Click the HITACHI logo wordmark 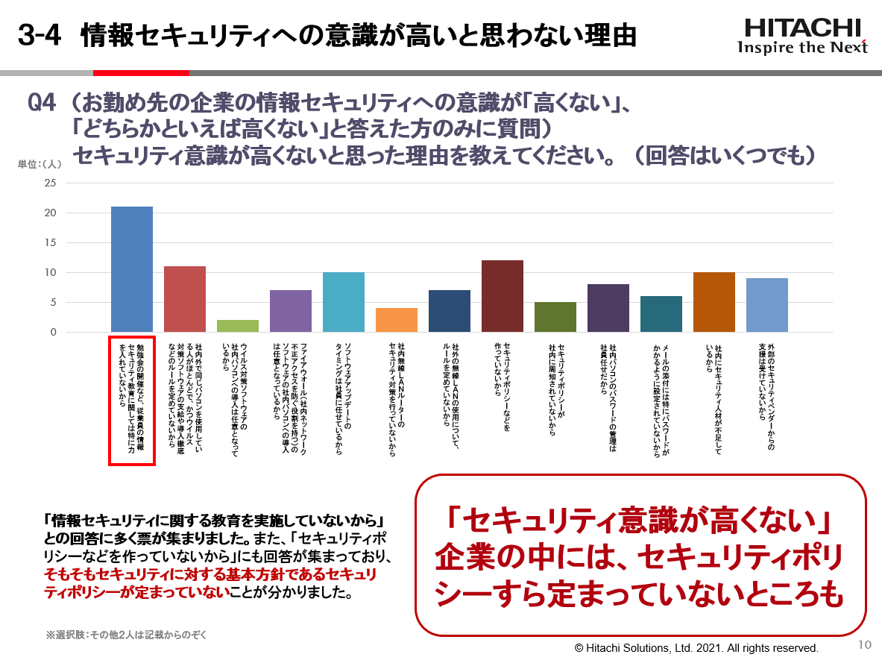point(802,28)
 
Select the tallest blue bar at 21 point(132,269)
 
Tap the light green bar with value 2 point(238,326)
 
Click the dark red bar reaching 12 point(503,296)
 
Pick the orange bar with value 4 point(397,320)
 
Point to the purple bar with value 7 point(291,311)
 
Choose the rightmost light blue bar point(767,305)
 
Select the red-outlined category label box point(132,400)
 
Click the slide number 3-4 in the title point(39,36)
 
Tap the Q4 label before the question point(42,103)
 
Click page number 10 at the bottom point(865,645)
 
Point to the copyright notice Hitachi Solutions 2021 point(696,647)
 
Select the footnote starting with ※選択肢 point(126,635)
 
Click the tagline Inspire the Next point(802,48)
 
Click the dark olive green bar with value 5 point(555,317)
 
